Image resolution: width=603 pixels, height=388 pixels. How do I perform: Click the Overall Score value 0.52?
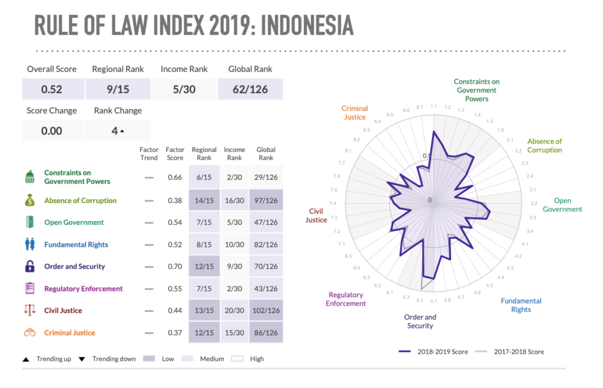pyautogui.click(x=52, y=89)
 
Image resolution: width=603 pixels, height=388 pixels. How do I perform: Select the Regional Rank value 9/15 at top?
pyautogui.click(x=118, y=89)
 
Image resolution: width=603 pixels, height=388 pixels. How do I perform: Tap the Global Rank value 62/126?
pyautogui.click(x=250, y=89)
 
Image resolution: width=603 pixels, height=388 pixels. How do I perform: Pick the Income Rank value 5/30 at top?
pyautogui.click(x=184, y=89)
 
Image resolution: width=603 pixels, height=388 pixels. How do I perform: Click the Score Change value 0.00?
pyautogui.click(x=52, y=131)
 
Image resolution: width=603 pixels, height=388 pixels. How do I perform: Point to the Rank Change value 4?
pyautogui.click(x=117, y=131)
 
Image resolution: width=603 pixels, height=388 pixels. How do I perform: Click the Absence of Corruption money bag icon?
pyautogui.click(x=30, y=201)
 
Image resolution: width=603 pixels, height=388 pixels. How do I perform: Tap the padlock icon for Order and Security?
pyautogui.click(x=30, y=266)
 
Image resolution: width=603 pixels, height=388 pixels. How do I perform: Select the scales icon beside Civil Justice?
pyautogui.click(x=30, y=310)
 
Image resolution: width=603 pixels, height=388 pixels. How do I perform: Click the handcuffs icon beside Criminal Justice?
pyautogui.click(x=30, y=333)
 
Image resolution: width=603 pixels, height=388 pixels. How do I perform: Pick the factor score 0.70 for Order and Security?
pyautogui.click(x=175, y=267)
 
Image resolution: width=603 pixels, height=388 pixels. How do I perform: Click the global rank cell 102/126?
pyautogui.click(x=266, y=311)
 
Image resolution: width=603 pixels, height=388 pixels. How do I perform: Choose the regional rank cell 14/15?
pyautogui.click(x=204, y=201)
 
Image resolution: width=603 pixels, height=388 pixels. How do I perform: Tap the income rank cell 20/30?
pyautogui.click(x=234, y=311)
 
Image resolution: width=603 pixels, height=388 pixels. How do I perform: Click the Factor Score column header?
pyautogui.click(x=175, y=154)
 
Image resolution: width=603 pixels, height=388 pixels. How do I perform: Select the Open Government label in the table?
pyautogui.click(x=74, y=223)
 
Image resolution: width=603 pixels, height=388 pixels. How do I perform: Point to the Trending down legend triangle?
pyautogui.click(x=82, y=359)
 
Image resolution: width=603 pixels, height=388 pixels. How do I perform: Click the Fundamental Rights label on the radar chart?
pyautogui.click(x=521, y=305)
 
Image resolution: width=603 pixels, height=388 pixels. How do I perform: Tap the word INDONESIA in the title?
pyautogui.click(x=306, y=25)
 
